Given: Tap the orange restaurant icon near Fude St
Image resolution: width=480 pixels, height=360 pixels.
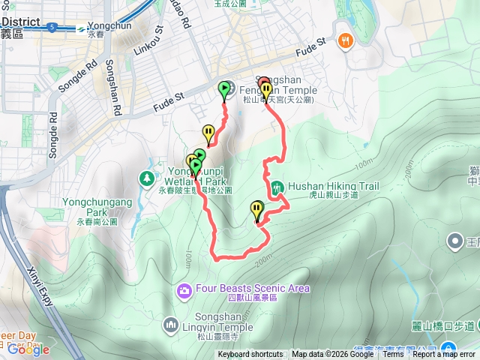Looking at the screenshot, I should (x=345, y=40).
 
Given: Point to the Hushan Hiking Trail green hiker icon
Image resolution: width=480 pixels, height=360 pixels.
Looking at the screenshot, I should (x=277, y=186).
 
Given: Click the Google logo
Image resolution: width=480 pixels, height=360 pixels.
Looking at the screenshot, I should (x=28, y=349).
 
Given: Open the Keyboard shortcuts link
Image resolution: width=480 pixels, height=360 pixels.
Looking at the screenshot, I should (x=250, y=354).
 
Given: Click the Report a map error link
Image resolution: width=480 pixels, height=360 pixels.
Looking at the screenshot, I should (x=445, y=354).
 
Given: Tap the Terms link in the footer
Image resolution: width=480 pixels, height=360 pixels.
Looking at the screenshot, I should (x=393, y=354).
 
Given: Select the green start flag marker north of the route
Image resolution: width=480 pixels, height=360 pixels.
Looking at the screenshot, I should (x=224, y=90).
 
